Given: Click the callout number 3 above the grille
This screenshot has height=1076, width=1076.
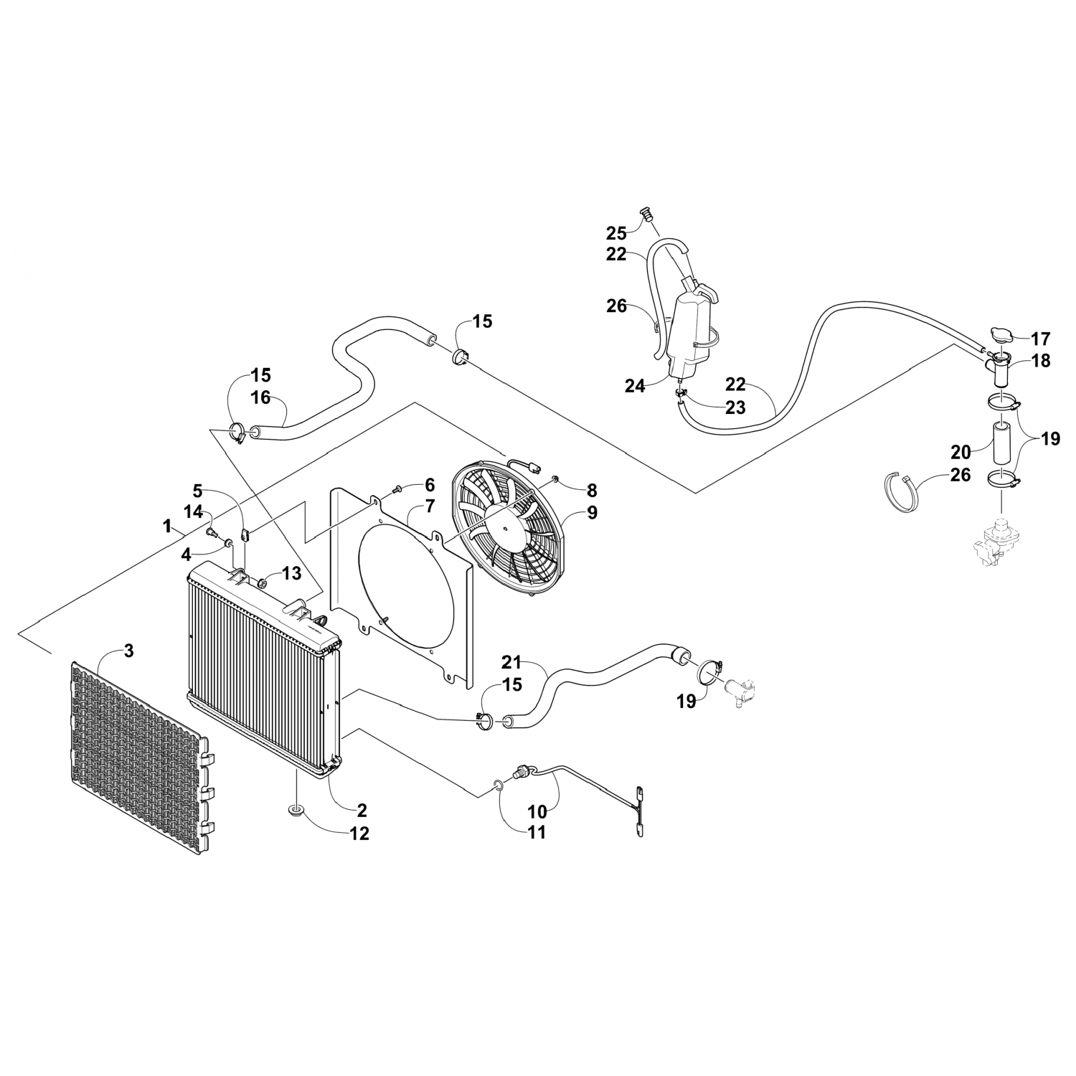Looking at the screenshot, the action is coord(128,651).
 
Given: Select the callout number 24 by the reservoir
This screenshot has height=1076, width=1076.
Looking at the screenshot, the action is coord(634,386).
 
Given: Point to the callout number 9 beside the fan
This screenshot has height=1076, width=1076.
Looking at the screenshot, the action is coord(591,512).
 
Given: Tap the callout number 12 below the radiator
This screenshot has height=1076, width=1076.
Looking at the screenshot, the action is coord(359,834).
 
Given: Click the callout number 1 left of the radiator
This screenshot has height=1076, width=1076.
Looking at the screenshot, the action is coord(167,527).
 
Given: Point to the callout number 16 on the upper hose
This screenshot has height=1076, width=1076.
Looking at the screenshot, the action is coord(261,396).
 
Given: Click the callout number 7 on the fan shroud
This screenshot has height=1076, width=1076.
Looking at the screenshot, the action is coord(429,506).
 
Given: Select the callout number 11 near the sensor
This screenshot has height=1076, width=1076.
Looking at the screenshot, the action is coord(537,832).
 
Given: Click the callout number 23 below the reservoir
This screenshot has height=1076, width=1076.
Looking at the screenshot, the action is coord(735,407).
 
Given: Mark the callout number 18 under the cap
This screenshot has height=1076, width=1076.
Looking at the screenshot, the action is coord(1040,361).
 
